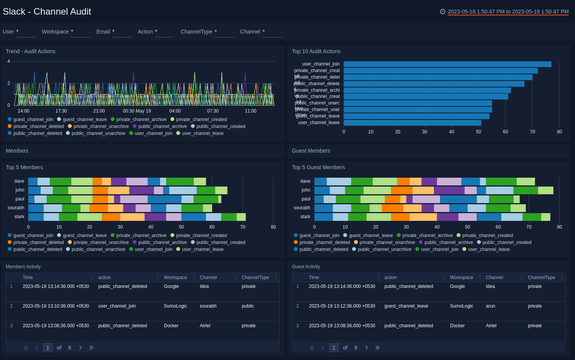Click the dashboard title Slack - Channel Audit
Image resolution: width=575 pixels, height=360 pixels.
tap(47, 12)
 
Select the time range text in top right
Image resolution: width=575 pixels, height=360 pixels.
tap(508, 12)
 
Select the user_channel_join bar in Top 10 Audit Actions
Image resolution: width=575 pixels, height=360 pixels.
tap(447, 64)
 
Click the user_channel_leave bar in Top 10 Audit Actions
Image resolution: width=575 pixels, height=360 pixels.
tap(412, 123)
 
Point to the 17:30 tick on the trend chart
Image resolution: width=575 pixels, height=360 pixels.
tap(61, 111)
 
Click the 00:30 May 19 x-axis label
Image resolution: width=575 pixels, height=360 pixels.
tap(137, 111)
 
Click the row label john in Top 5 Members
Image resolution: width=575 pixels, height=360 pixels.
tap(20, 190)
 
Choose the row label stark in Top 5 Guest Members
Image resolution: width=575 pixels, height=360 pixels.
tap(305, 217)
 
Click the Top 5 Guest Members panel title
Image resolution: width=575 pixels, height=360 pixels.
tap(318, 167)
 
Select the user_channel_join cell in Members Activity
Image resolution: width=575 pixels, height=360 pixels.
tap(117, 306)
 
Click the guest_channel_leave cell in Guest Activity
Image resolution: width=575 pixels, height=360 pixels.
tap(406, 306)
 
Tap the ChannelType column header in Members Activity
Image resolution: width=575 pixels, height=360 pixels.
tap(255, 278)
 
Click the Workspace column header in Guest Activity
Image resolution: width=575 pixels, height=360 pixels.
tap(461, 278)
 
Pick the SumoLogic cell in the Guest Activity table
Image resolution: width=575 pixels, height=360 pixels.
tap(461, 306)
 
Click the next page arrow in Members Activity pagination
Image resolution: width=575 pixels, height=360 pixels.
tap(80, 348)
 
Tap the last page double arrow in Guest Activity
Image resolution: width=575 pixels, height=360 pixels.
tap(377, 348)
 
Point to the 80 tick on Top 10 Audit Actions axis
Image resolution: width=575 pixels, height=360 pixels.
tap(559, 132)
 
